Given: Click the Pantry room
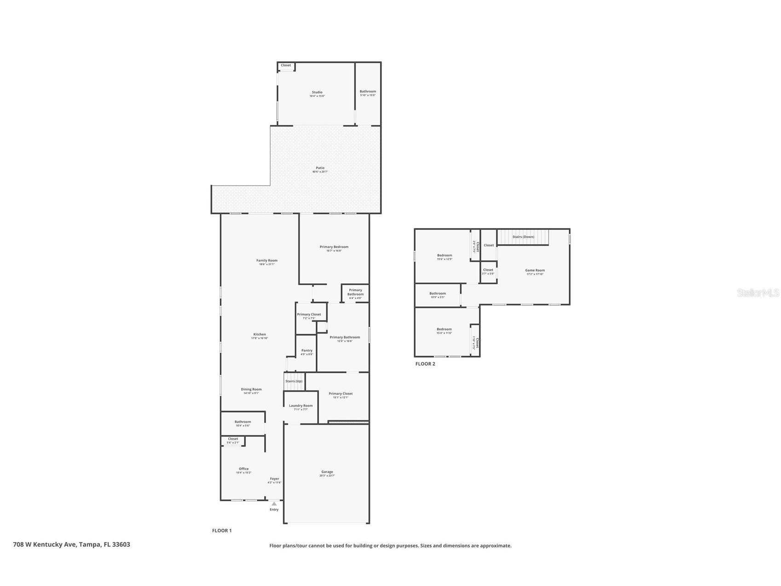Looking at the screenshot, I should pyautogui.click(x=307, y=352).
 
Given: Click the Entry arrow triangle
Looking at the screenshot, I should pyautogui.click(x=274, y=504).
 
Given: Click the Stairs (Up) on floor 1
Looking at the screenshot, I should pyautogui.click(x=294, y=381).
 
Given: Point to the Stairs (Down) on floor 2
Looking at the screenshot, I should pyautogui.click(x=523, y=237).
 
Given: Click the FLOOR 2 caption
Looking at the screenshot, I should pyautogui.click(x=425, y=364).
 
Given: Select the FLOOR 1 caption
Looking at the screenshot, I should pyautogui.click(x=221, y=531).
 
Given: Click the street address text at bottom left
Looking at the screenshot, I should pyautogui.click(x=71, y=545).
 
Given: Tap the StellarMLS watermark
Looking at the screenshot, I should pyautogui.click(x=758, y=293).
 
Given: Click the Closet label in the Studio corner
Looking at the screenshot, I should pyautogui.click(x=286, y=65).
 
